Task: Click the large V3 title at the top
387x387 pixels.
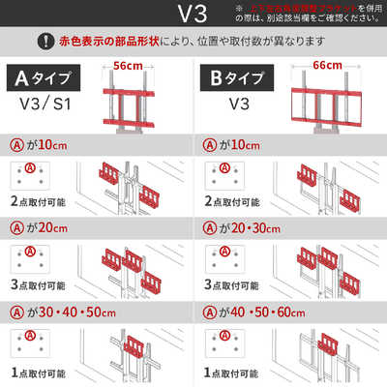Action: click(193, 15)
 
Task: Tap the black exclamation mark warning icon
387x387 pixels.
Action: click(45, 42)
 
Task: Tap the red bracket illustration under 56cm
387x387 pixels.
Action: click(127, 102)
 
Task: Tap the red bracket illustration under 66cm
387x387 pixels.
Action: click(326, 102)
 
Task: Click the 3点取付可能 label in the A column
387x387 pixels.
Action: click(37, 287)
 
